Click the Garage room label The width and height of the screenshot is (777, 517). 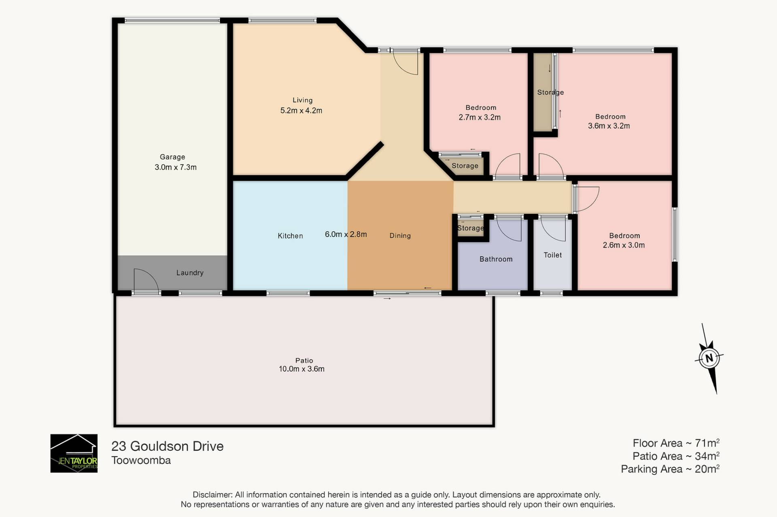[172, 157]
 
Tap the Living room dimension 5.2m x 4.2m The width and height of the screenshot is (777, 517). [301, 110]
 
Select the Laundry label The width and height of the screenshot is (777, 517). [190, 273]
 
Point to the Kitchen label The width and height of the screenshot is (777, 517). [290, 236]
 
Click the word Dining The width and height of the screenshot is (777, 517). [400, 236]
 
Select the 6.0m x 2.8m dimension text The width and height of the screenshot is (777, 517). [346, 234]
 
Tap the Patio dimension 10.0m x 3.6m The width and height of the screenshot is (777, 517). [301, 369]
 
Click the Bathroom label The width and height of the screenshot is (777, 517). [496, 259]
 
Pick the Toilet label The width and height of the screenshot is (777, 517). [552, 255]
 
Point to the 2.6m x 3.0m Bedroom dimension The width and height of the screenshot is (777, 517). [624, 245]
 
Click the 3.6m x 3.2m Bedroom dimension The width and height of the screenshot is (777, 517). [609, 126]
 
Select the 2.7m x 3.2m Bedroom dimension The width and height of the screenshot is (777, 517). [480, 117]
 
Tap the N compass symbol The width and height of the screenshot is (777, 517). [709, 358]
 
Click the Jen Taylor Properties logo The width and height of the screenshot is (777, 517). [74, 453]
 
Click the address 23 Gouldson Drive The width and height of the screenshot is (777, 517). [167, 446]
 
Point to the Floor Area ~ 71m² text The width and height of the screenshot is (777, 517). [676, 443]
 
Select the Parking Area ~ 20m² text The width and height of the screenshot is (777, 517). [670, 469]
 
